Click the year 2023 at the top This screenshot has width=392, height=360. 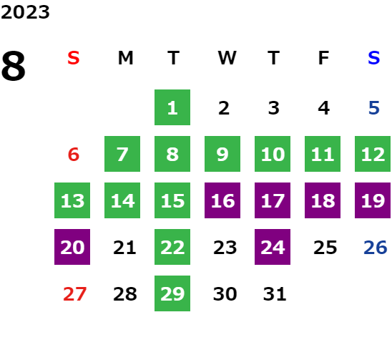tap(25, 12)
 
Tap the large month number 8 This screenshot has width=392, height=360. tap(14, 66)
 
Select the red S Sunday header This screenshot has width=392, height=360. tap(74, 58)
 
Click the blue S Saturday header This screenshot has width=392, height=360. tap(373, 58)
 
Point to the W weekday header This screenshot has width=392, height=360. tap(227, 58)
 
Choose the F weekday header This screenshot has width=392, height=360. tap(323, 58)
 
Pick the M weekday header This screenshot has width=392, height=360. tap(125, 58)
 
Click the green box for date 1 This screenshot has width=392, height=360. tap(172, 107)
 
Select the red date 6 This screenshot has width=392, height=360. tap(74, 154)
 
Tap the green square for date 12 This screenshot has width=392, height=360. tap(373, 154)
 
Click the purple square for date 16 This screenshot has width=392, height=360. tap(222, 200)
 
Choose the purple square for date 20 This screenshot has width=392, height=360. tap(72, 247)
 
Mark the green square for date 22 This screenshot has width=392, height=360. tap(172, 247)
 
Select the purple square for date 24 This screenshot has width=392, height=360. tap(273, 247)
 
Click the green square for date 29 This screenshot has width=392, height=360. tap(172, 293)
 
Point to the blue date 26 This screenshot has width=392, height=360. tap(376, 248)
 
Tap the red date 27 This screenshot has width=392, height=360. tap(74, 294)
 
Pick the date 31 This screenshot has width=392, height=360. tap(275, 294)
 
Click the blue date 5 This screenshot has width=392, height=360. tap(374, 108)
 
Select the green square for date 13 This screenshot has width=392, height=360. tap(72, 200)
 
